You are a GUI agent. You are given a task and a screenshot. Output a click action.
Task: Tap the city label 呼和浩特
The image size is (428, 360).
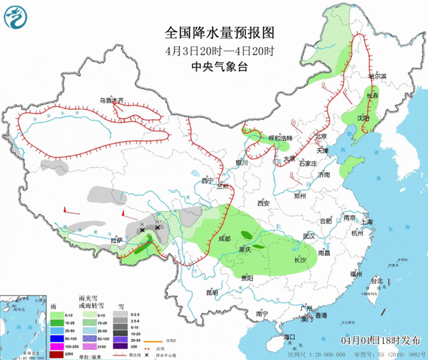tap(278, 138)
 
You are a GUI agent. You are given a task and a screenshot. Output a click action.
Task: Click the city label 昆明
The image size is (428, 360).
tap(212, 292)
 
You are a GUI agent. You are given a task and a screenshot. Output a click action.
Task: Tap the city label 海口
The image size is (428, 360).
tap(291, 338)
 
